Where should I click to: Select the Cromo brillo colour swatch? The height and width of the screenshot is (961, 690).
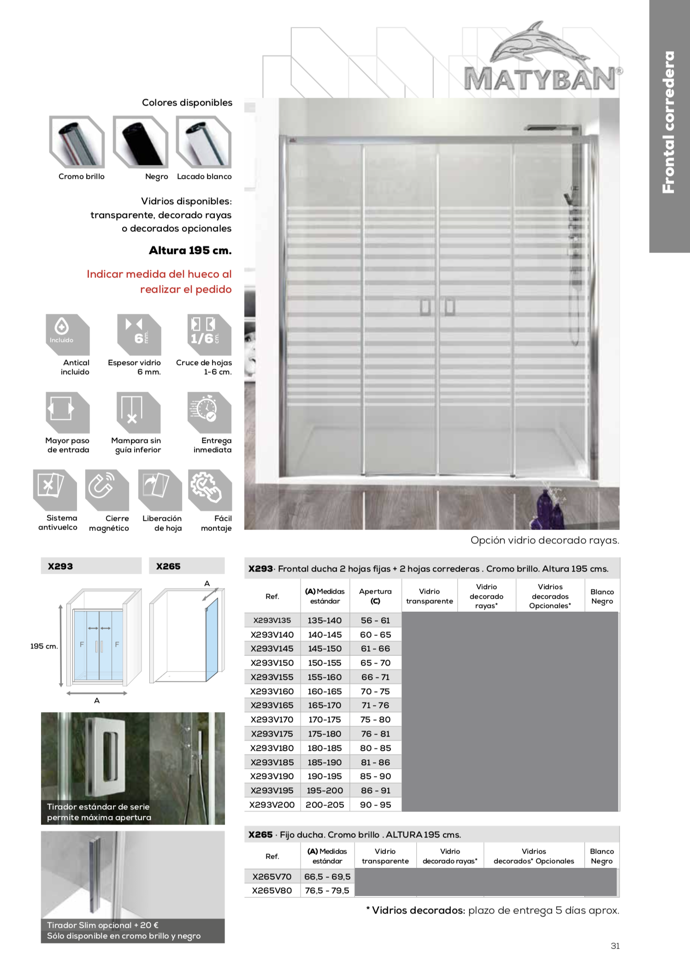(x=77, y=141)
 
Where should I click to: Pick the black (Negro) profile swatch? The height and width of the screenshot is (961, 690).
(x=140, y=141)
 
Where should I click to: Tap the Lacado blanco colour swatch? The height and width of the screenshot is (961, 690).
(x=203, y=141)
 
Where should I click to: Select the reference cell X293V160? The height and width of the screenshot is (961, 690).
(x=272, y=691)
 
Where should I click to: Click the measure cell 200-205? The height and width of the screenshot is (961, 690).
(x=324, y=805)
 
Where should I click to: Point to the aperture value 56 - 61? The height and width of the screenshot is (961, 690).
(x=375, y=620)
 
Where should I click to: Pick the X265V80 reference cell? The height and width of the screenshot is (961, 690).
(x=272, y=890)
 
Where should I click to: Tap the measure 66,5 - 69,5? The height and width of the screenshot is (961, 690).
(x=327, y=877)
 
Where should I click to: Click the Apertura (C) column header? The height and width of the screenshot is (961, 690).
(x=375, y=596)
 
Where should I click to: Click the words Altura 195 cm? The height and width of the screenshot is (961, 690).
(x=190, y=251)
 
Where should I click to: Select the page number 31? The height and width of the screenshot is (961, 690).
(x=615, y=946)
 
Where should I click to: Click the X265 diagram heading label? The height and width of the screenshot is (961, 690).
(x=168, y=566)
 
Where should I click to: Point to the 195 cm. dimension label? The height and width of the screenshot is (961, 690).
(x=44, y=646)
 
